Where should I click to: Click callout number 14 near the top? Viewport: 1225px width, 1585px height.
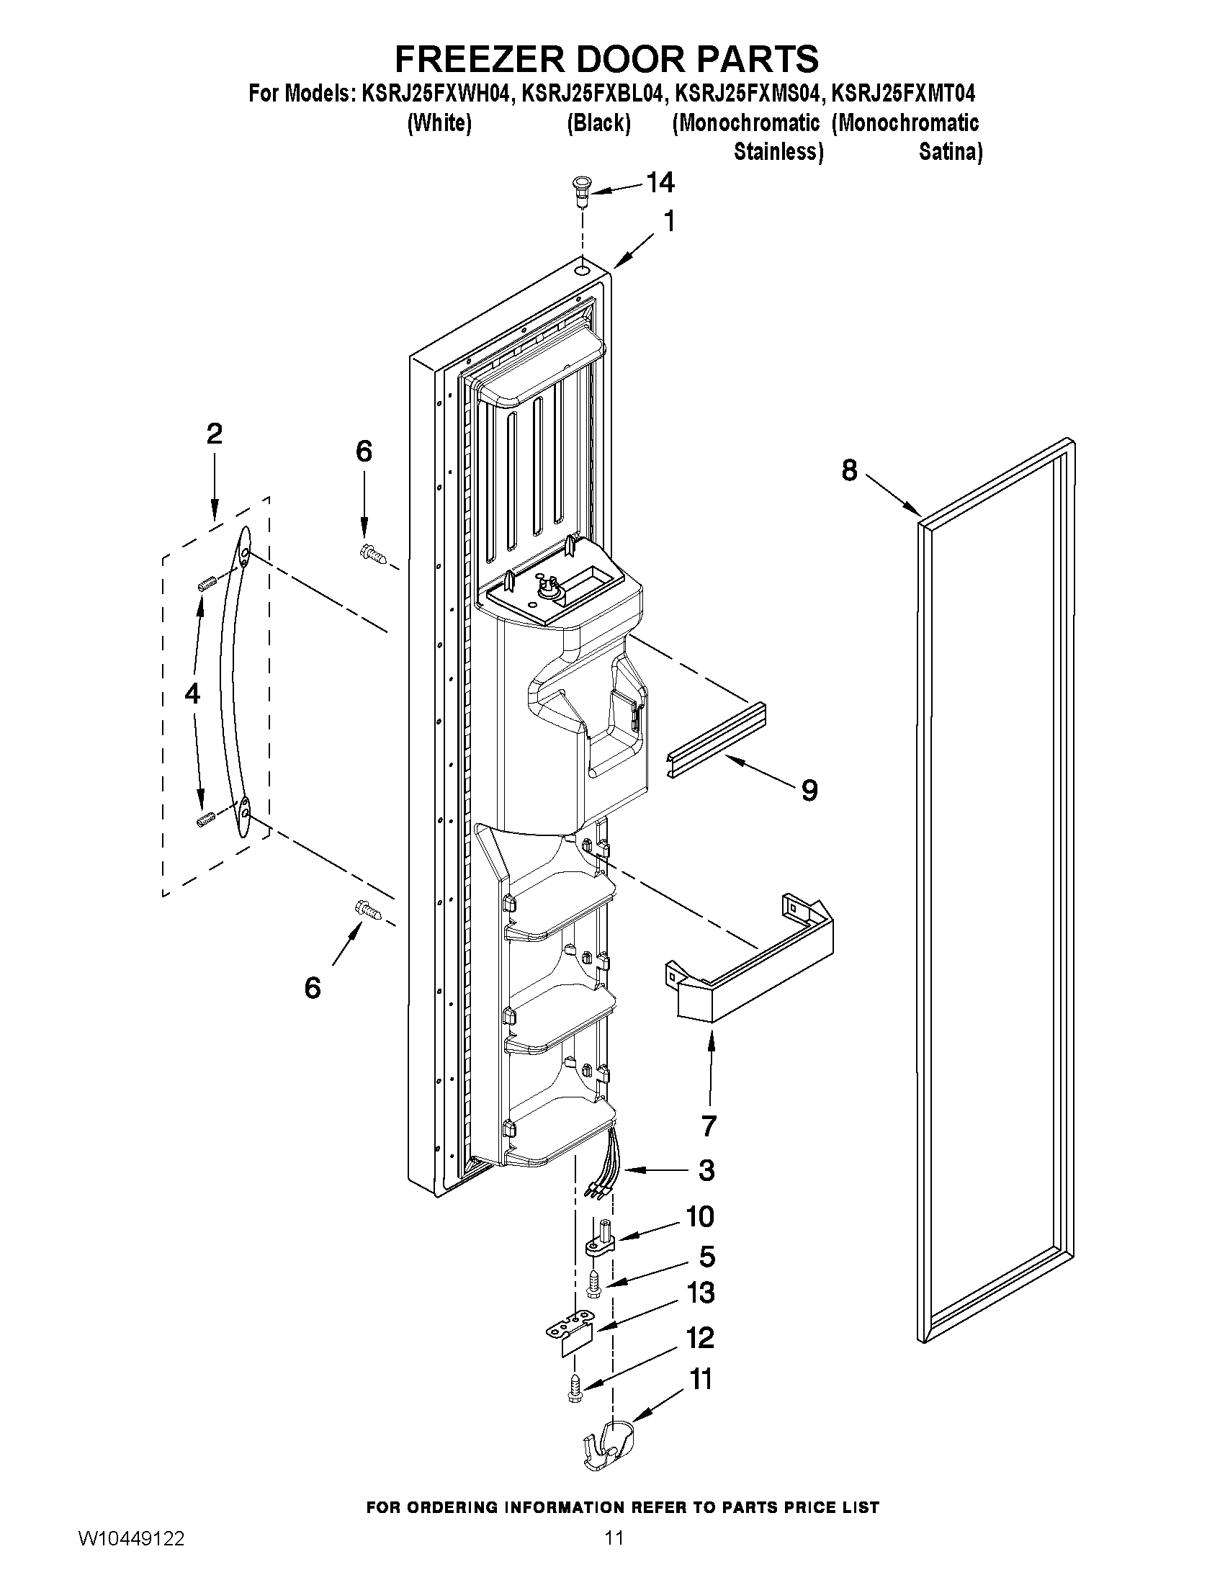pos(660,183)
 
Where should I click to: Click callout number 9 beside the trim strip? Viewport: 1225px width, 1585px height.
pos(809,789)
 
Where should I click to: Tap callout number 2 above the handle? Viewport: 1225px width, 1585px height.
pos(214,434)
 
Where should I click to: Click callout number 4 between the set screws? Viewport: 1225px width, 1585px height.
pos(192,694)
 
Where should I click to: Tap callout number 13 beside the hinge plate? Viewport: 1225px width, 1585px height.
pos(700,1293)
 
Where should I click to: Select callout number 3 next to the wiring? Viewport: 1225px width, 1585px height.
pos(705,1170)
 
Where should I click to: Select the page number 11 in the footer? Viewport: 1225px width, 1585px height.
pos(614,1553)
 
